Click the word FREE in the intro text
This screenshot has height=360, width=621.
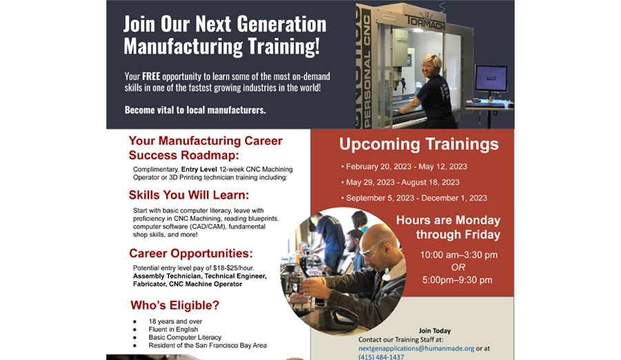(151, 76)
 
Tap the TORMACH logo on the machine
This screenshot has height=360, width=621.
(425, 22)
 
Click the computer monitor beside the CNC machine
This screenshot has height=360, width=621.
(491, 78)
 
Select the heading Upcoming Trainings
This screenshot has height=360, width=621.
(419, 144)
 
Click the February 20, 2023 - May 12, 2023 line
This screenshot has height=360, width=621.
(404, 167)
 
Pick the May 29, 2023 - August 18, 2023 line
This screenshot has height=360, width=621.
(400, 183)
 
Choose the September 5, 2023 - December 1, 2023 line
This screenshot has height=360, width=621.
(414, 198)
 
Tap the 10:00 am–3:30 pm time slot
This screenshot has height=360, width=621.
(459, 254)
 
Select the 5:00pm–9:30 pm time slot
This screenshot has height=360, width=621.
(457, 280)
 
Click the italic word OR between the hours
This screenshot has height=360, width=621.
(458, 268)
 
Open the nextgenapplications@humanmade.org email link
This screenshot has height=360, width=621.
(416, 348)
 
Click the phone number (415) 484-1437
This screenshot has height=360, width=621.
(381, 357)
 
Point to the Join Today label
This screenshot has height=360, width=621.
(435, 331)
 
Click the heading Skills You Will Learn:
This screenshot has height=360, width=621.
(189, 195)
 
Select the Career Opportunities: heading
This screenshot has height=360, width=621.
(191, 254)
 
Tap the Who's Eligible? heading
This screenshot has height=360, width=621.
(175, 306)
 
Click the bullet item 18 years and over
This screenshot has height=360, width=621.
(175, 321)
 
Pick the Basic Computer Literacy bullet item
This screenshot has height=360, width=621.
(184, 337)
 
